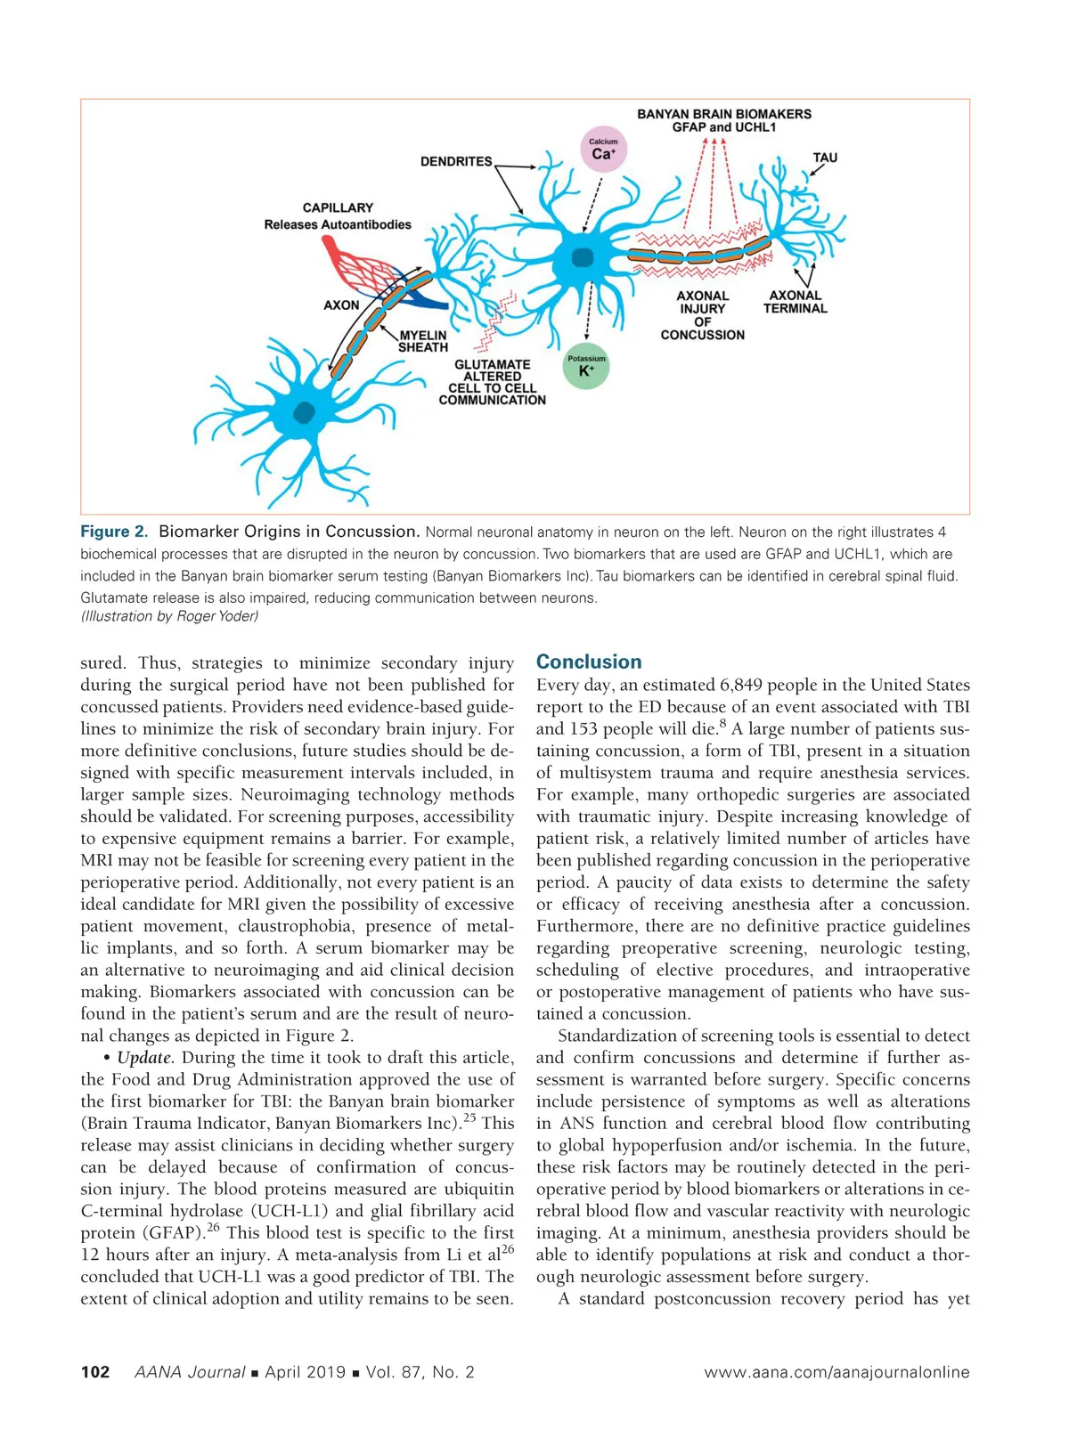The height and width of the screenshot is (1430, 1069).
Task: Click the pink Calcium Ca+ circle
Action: [603, 150]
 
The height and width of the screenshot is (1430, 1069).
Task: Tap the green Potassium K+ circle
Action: [586, 367]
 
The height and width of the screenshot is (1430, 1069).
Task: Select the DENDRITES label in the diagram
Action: [456, 161]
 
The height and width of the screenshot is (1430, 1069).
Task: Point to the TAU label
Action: [825, 158]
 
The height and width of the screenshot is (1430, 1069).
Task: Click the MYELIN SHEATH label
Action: [422, 341]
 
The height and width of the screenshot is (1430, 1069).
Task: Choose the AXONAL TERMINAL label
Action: [795, 302]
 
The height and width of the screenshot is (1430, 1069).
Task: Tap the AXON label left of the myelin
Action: [341, 305]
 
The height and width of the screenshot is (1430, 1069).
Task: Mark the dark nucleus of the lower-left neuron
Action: [305, 412]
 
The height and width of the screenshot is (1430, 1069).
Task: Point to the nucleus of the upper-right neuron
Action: [582, 257]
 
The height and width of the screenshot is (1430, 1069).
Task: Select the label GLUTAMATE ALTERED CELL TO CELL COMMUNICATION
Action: [492, 382]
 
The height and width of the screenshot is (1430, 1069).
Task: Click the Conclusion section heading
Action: [588, 662]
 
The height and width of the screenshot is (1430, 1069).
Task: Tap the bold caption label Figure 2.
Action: [114, 532]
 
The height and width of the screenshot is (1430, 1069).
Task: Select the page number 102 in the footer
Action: [95, 1372]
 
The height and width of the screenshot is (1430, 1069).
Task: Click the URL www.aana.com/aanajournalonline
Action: [836, 1372]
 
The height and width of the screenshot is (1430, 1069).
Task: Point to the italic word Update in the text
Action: [145, 1058]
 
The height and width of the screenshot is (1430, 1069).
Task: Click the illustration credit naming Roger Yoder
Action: [169, 616]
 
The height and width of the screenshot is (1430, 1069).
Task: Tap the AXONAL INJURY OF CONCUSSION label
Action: [702, 315]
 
